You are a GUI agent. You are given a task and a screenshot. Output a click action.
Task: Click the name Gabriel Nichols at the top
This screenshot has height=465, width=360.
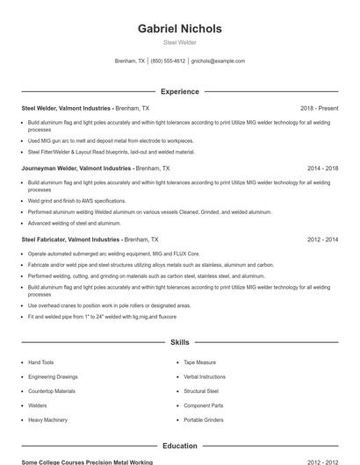(x=179, y=29)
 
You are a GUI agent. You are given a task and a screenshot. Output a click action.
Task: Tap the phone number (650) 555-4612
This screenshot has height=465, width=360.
(x=168, y=61)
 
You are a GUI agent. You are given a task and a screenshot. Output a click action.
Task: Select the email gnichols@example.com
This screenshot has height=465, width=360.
(x=218, y=61)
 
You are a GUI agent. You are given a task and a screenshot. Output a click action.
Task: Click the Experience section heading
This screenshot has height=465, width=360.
(x=179, y=91)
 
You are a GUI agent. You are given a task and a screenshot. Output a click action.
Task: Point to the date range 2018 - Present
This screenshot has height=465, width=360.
(x=319, y=108)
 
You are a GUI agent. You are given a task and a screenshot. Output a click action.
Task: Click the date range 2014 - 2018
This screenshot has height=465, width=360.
(x=322, y=168)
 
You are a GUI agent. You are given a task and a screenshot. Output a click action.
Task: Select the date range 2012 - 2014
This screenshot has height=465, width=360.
(x=322, y=239)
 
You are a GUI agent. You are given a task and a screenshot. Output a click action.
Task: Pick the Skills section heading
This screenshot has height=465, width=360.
(x=179, y=342)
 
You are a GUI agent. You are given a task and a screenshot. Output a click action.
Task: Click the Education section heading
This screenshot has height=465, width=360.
(x=179, y=446)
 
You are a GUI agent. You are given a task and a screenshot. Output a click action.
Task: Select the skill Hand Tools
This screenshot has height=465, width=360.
(x=41, y=362)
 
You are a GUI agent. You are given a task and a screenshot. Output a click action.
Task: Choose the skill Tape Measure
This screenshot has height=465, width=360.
(x=199, y=362)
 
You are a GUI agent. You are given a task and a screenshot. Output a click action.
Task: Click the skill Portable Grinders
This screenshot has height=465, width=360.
(x=204, y=420)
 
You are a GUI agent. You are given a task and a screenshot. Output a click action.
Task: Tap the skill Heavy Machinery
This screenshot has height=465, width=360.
(x=47, y=420)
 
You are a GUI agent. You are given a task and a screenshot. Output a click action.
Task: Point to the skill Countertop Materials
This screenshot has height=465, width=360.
(x=52, y=391)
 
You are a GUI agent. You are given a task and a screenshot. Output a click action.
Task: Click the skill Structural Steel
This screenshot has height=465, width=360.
(x=201, y=391)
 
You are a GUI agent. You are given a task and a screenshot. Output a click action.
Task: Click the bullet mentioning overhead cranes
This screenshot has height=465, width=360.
(x=110, y=305)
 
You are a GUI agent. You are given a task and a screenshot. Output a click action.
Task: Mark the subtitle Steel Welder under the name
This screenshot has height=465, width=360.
(x=179, y=42)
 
